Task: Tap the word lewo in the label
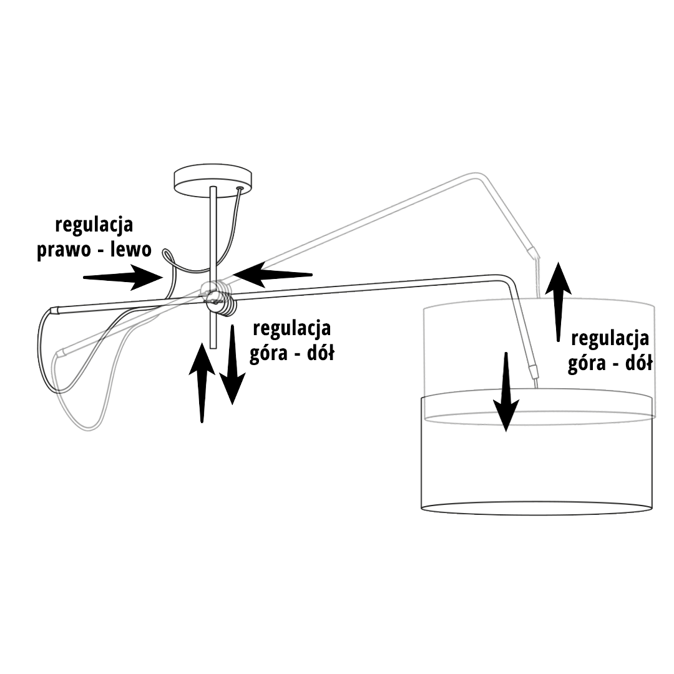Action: pos(130,250)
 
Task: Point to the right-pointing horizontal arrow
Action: pos(122,276)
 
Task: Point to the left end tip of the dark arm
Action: pos(52,310)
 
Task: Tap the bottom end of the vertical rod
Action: pos(213,345)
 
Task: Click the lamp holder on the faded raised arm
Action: pos(532,253)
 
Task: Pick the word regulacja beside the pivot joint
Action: pos(291,328)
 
